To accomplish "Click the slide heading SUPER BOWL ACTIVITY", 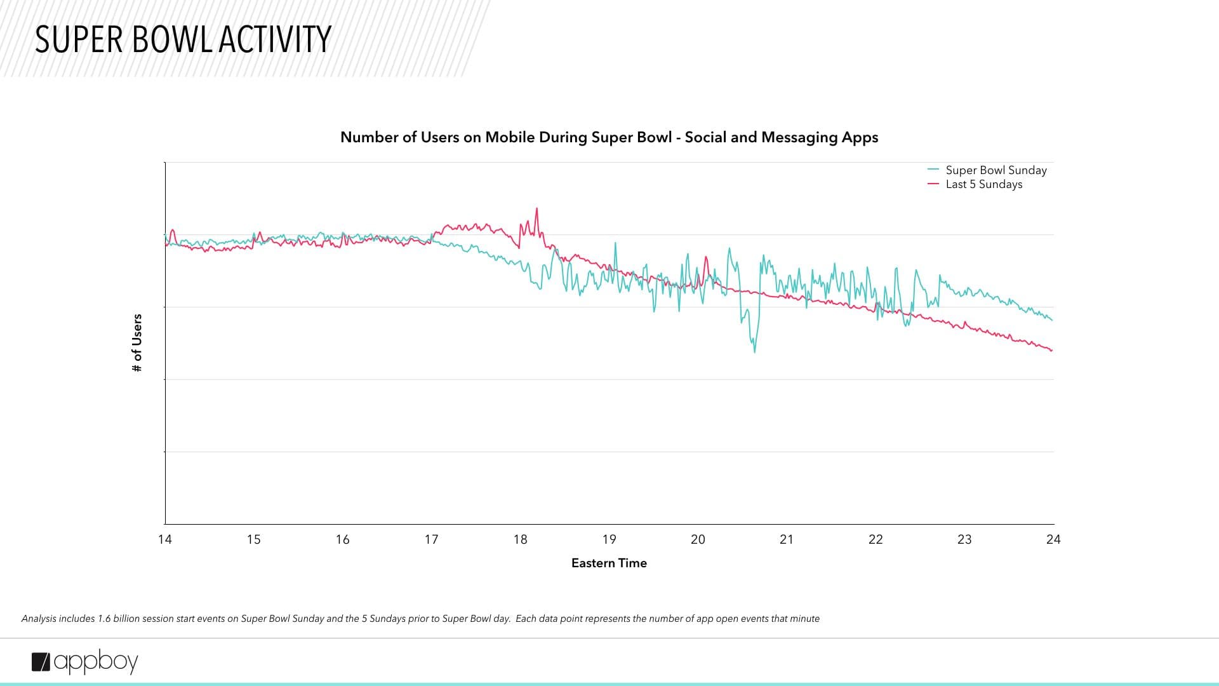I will point(183,39).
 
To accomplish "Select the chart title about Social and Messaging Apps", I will point(609,137).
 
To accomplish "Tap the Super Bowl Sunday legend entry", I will point(996,170).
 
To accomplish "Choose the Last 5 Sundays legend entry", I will point(983,184).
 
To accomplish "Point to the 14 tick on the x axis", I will point(165,539).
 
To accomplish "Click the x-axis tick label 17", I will point(431,539).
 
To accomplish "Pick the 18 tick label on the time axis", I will point(520,539).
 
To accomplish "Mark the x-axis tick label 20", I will point(698,539).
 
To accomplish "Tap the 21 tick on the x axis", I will point(787,539).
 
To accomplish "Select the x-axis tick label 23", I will point(964,539).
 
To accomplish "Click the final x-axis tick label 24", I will point(1053,539).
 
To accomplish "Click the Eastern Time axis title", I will point(609,563).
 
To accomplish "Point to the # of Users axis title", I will point(137,343).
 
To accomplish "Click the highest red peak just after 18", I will point(536,209).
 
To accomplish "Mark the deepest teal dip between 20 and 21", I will point(754,351).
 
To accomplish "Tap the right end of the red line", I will point(1051,351).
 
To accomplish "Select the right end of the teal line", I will point(1052,320).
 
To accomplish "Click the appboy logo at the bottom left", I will point(85,662).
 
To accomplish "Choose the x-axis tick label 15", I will point(253,539).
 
